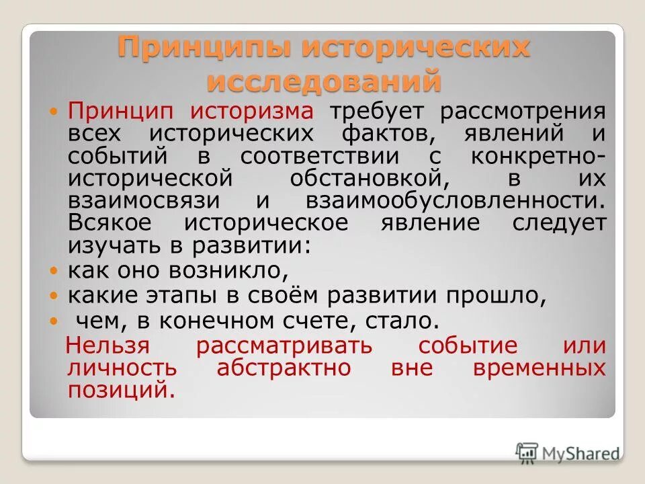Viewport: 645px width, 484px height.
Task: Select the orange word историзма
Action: click(x=251, y=111)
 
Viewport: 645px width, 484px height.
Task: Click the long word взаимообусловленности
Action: click(x=455, y=201)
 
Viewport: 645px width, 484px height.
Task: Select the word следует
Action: click(x=559, y=223)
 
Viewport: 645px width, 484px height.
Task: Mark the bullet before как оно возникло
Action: click(x=56, y=272)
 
